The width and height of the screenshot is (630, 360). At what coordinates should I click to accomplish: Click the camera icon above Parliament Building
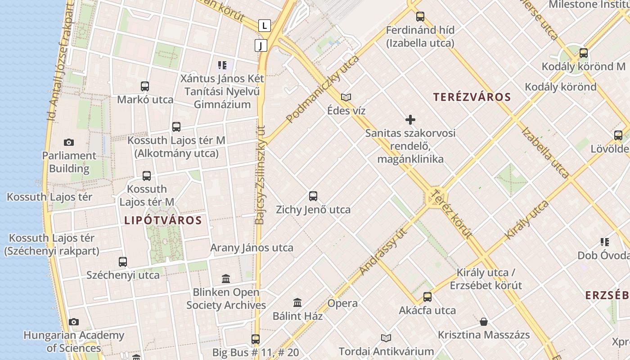tap(68, 142)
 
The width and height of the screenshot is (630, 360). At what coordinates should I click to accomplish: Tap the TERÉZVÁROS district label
tap(472, 97)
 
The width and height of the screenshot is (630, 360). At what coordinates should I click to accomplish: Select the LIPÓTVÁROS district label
tap(163, 220)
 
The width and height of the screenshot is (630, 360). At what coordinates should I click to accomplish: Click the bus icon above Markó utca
tap(145, 86)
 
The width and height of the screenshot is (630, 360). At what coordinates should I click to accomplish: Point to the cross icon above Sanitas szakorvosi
tap(410, 120)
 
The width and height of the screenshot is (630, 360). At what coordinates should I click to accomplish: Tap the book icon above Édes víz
tap(346, 97)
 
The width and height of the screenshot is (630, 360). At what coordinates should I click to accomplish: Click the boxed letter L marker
tap(265, 26)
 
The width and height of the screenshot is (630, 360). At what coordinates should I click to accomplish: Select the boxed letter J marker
tap(261, 45)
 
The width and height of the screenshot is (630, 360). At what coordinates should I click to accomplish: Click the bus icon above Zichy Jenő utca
tap(313, 196)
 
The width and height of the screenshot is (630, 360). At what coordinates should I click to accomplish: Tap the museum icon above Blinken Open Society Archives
tap(226, 279)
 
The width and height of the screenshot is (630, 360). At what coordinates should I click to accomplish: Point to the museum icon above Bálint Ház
tap(297, 302)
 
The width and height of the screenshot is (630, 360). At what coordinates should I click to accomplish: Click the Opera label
tap(342, 303)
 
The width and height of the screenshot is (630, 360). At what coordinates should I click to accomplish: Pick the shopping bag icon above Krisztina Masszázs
tap(484, 322)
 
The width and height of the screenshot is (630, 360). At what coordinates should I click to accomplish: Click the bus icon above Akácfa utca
tap(427, 297)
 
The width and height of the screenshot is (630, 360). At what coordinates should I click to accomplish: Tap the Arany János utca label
tap(252, 247)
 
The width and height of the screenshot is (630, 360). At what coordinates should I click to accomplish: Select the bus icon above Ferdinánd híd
tap(420, 17)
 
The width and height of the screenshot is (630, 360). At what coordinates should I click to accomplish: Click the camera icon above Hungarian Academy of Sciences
tap(74, 322)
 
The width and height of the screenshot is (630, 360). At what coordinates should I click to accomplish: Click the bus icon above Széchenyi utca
tap(123, 262)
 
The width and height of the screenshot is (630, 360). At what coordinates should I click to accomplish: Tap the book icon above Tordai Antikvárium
tap(386, 338)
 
